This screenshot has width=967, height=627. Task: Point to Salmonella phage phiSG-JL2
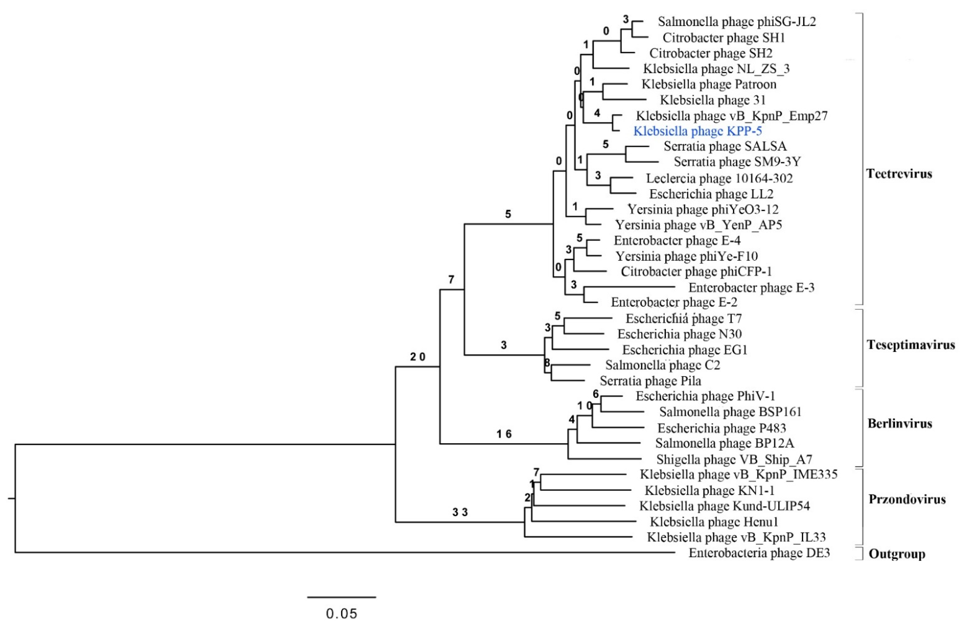[737, 21]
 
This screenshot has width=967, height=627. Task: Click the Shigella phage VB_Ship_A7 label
[734, 459]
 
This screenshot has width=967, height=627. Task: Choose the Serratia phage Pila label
[650, 381]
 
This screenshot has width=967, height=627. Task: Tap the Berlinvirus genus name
[900, 424]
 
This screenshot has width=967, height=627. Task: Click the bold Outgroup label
[897, 554]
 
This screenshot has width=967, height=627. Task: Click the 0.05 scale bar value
[341, 613]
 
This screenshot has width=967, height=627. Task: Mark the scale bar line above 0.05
[341, 597]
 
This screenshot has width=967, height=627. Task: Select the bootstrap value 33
[460, 512]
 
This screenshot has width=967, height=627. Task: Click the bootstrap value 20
[418, 357]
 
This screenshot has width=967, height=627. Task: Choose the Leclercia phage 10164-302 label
[719, 178]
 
